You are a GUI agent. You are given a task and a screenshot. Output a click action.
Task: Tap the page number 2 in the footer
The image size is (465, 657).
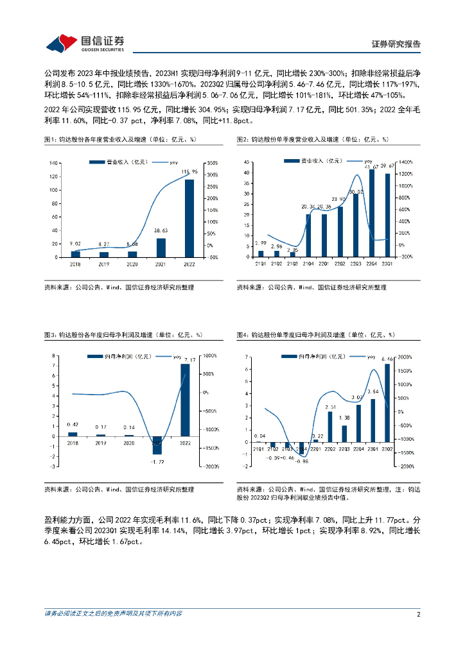(418, 614)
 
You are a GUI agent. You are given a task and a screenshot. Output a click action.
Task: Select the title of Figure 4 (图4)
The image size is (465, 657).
(315, 334)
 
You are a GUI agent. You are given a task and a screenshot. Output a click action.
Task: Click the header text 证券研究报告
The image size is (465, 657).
(396, 44)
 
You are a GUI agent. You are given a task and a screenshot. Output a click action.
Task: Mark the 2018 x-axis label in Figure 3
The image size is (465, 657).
(72, 443)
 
